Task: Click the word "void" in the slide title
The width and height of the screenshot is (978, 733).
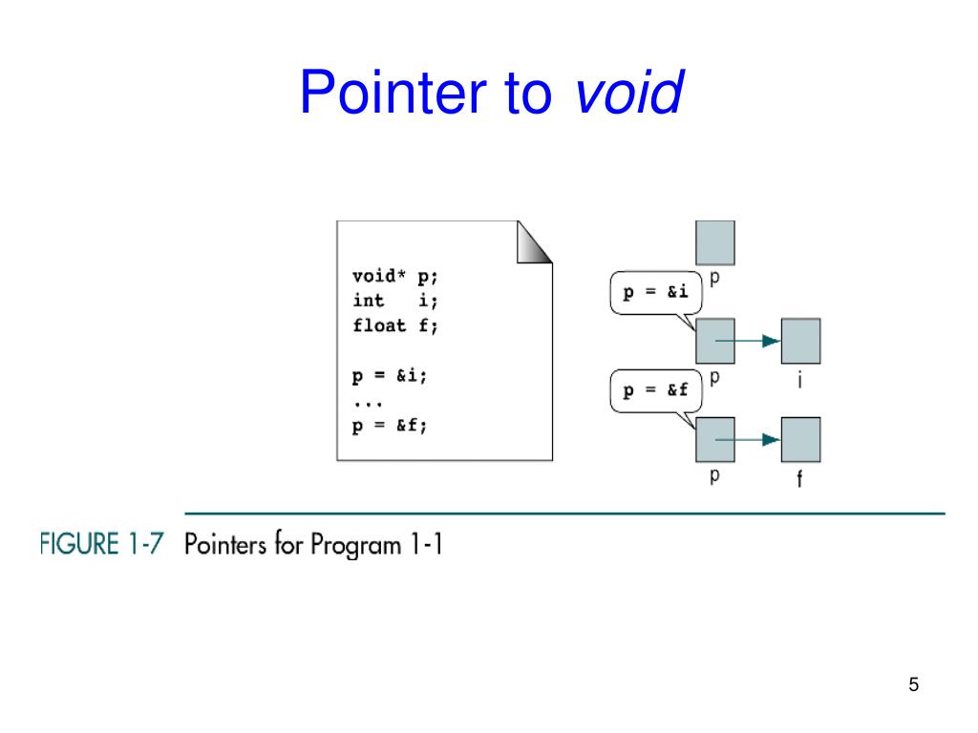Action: coord(628,94)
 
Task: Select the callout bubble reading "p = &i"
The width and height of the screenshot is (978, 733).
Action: coord(655,294)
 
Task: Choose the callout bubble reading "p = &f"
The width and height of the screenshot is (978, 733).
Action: coord(655,391)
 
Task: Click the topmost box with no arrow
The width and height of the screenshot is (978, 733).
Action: coord(715,242)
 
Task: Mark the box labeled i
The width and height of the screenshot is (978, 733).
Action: coord(800,341)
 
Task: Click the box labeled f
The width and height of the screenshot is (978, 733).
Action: coord(800,439)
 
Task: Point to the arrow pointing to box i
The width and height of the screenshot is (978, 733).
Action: coord(749,342)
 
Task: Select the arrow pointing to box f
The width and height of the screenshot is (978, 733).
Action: coord(749,440)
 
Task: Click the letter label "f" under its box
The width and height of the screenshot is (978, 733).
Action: coord(800,481)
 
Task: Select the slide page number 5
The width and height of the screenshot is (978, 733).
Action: coord(914,685)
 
